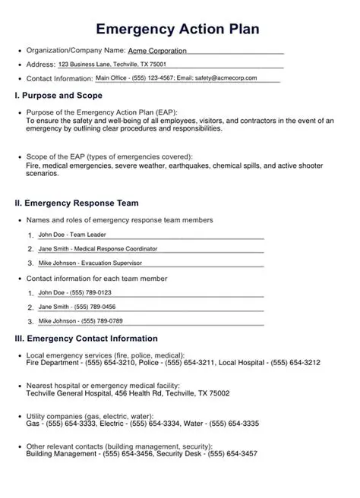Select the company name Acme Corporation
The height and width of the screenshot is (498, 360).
point(156,50)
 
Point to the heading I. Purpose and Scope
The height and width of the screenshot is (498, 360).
point(58,96)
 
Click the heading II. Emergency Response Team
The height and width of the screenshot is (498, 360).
point(76,203)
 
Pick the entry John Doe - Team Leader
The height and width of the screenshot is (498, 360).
point(72,235)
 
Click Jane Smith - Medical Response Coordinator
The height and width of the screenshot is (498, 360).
point(97,248)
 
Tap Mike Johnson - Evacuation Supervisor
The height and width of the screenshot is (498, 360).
point(90,263)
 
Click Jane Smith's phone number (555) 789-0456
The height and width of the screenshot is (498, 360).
point(94,307)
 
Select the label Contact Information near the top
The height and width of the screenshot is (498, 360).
point(59,78)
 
